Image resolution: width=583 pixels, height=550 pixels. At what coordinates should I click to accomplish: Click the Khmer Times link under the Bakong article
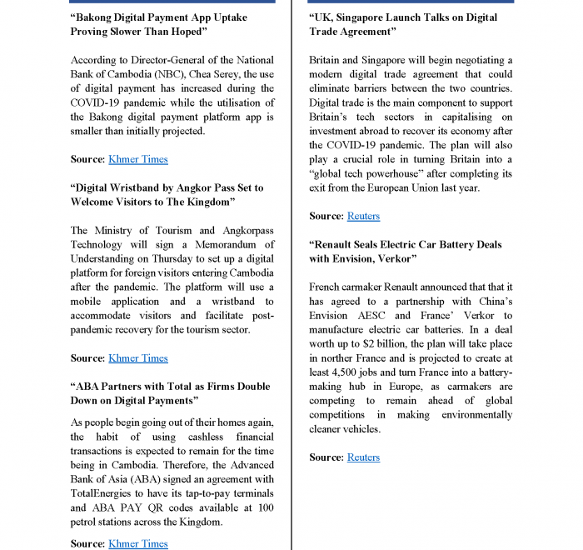pyautogui.click(x=137, y=159)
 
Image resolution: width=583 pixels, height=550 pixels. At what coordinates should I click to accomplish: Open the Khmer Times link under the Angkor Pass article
pyautogui.click(x=137, y=358)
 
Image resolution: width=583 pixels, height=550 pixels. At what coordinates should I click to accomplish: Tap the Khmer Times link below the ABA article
pyautogui.click(x=137, y=543)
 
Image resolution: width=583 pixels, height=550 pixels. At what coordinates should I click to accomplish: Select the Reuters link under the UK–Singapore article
pyautogui.click(x=363, y=216)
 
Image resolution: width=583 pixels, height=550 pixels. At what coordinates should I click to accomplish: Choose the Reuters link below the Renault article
pyautogui.click(x=363, y=457)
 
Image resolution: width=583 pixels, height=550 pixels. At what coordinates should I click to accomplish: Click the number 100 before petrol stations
pyautogui.click(x=263, y=507)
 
